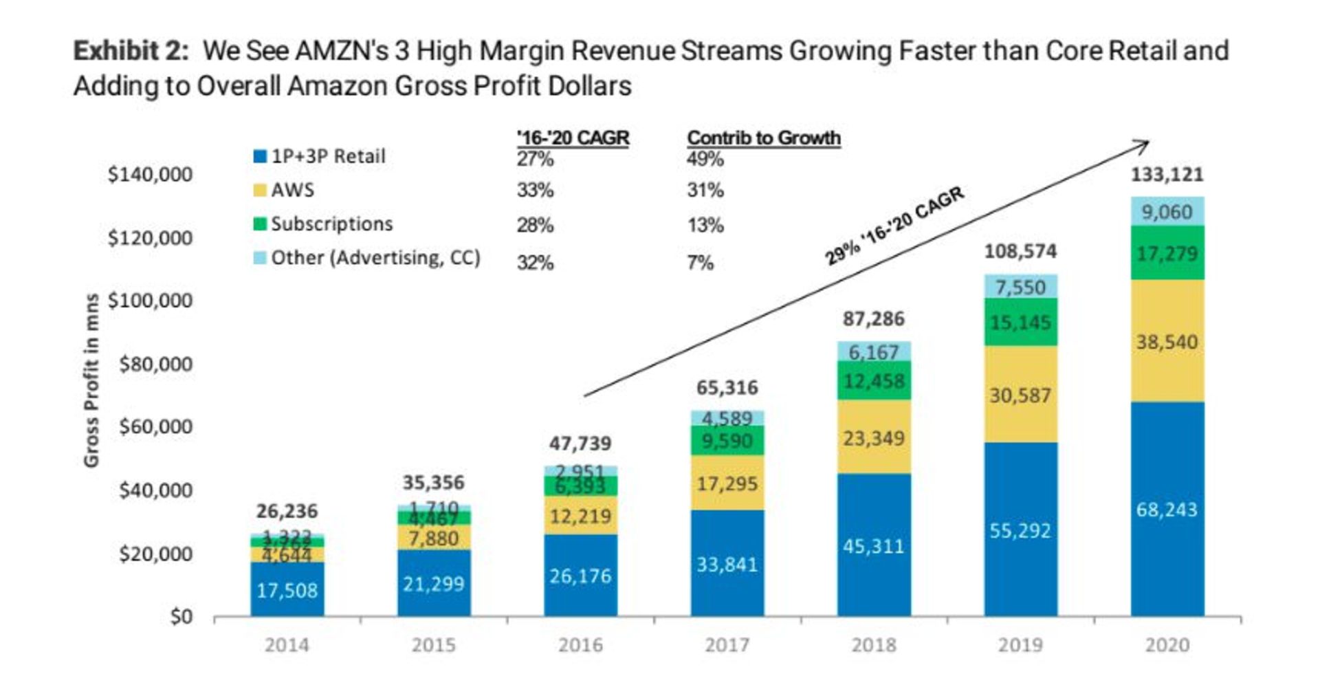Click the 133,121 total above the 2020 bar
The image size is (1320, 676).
[1167, 175]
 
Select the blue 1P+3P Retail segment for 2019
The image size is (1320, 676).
[1020, 530]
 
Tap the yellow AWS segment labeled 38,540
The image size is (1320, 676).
[1167, 341]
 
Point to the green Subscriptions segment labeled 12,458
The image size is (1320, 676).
[874, 380]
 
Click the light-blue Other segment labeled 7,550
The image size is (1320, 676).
[1020, 287]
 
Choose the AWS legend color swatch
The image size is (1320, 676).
[260, 190]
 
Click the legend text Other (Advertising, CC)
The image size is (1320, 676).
[375, 258]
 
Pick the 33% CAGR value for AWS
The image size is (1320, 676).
[535, 190]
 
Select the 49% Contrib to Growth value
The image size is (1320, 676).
[705, 160]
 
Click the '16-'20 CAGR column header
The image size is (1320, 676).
[573, 138]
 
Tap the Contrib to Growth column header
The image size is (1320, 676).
[764, 138]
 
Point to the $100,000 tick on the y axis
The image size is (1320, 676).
[150, 301]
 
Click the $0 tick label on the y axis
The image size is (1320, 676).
[181, 617]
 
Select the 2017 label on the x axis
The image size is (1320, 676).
[727, 645]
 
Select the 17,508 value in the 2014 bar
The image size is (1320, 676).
[287, 590]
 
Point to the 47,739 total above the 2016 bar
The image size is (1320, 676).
[580, 444]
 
